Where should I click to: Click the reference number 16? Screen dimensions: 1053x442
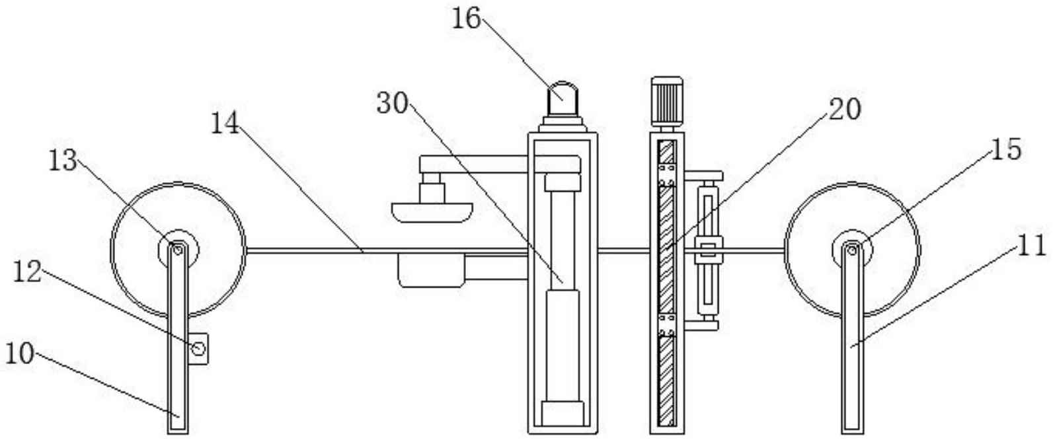coord(467,18)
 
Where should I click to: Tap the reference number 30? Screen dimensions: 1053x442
coord(393,104)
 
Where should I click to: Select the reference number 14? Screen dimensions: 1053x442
coord(225,124)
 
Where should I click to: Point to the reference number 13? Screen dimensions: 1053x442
coord(63,161)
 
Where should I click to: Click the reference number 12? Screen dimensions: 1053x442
coord(28,272)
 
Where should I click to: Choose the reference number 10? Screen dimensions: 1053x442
coord(19,355)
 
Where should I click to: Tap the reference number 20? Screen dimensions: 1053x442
coord(844,109)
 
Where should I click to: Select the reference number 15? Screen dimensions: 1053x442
coord(1005,150)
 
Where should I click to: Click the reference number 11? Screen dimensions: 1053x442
coord(1031,246)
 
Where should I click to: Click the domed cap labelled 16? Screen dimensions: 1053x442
coord(563,98)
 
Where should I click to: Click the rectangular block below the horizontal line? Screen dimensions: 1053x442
coord(431,270)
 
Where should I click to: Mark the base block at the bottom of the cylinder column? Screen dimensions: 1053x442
coord(563,414)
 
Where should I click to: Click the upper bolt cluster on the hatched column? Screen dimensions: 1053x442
coord(667,174)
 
